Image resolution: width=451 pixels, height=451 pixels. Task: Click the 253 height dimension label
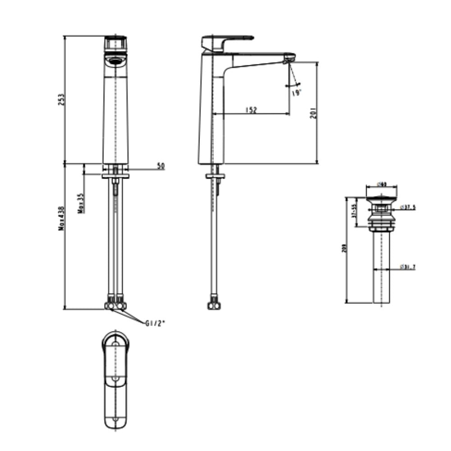tap(62, 100)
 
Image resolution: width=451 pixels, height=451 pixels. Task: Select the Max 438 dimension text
tap(61, 218)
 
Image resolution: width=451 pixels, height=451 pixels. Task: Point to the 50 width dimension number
tap(161, 166)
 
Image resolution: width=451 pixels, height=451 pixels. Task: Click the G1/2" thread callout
tap(155, 323)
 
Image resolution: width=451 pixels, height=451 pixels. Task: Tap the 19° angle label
tap(296, 93)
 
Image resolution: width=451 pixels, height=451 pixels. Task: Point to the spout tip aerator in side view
tap(289, 58)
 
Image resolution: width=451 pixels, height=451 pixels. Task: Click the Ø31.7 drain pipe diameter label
tap(408, 267)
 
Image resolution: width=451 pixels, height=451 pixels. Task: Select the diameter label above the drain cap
tap(382, 184)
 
